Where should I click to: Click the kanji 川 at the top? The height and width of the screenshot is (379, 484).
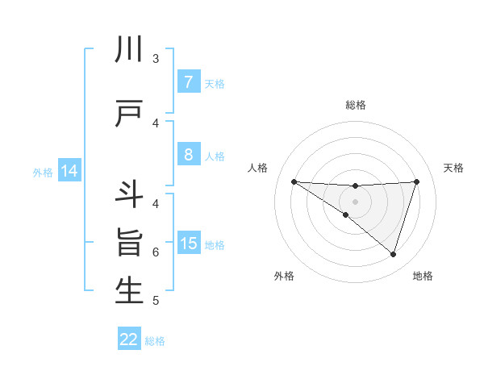coord(129,50)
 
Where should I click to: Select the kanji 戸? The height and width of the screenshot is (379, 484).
coord(129,114)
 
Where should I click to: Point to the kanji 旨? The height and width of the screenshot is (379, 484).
coord(129,243)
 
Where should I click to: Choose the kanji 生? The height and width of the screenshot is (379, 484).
coord(129,291)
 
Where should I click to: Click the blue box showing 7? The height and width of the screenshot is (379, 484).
coord(188,82)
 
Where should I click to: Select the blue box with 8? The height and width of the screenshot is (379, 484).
coord(188,155)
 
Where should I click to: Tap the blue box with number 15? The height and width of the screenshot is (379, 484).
coord(188,244)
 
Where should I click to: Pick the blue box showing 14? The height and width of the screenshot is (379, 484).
coord(69,172)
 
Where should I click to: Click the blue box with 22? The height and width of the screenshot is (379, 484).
coord(129,339)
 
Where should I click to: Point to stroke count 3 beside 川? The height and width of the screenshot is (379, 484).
coord(156,59)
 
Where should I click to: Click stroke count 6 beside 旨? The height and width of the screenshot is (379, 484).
coord(156,252)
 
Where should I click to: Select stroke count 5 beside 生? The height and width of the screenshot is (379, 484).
coord(156,301)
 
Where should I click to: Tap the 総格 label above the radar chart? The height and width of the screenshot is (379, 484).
coord(355,105)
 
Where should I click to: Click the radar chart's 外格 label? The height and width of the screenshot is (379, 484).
coord(284,276)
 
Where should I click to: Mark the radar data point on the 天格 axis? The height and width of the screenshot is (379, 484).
coord(416,181)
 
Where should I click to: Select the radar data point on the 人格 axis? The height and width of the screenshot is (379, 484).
coord(294,181)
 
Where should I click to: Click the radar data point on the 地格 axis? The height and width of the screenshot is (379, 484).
coord(393,254)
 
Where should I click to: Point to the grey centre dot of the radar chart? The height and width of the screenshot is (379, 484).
coord(355,201)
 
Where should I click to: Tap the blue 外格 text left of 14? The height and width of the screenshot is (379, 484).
coord(43,173)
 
